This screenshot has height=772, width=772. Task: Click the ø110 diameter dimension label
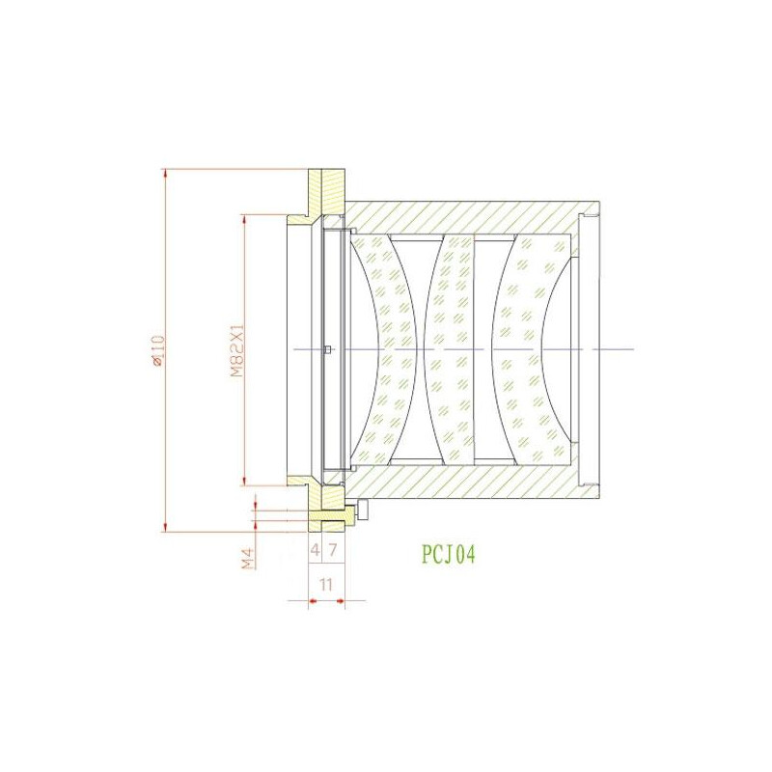(154, 350)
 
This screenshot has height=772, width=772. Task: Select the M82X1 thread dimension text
(234, 349)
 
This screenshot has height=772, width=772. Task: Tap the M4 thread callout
(248, 557)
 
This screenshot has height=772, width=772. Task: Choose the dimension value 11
(325, 585)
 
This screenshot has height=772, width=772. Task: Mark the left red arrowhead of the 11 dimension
(313, 603)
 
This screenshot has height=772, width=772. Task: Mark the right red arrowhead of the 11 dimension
(340, 603)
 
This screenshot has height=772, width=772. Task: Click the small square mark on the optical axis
(329, 349)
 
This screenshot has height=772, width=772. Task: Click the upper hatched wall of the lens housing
(463, 217)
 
